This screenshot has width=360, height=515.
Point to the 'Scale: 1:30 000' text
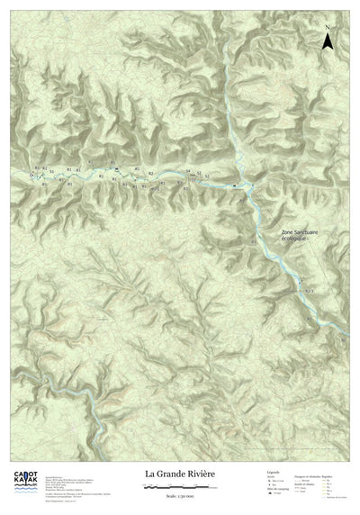click(x=180, y=497)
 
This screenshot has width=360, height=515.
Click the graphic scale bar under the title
click(x=180, y=486)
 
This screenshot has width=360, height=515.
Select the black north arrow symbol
click(x=330, y=40)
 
